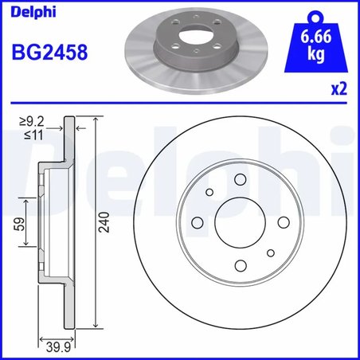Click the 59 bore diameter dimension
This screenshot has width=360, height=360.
coord(17,225)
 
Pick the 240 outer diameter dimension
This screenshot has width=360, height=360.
coord(103,225)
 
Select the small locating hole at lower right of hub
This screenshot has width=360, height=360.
coord(270,254)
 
